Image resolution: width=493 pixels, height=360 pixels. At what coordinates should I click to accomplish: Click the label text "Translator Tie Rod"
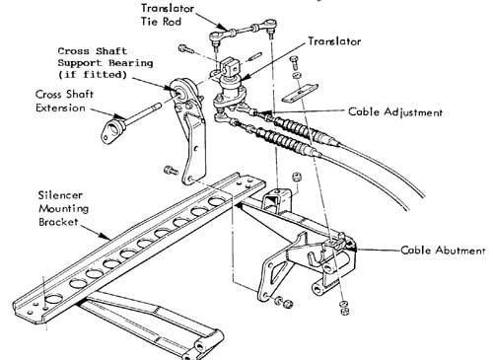tap(168, 15)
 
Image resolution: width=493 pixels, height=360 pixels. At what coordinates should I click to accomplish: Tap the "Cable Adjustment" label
tap(395, 112)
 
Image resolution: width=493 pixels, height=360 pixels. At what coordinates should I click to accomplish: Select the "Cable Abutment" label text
tap(443, 251)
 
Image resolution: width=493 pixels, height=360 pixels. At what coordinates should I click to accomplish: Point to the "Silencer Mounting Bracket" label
tap(63, 208)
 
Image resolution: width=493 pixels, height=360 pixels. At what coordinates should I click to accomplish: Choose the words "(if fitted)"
tap(93, 75)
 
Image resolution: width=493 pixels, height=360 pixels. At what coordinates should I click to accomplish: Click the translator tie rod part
tap(243, 30)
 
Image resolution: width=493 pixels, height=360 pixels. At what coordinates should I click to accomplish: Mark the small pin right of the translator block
tap(255, 56)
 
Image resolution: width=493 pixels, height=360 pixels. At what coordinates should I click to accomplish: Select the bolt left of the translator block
tap(186, 50)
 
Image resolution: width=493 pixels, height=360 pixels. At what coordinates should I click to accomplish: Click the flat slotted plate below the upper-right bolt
tap(300, 93)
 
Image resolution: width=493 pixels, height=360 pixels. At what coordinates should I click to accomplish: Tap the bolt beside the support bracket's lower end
tap(171, 171)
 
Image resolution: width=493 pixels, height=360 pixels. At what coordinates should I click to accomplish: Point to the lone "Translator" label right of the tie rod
tap(334, 41)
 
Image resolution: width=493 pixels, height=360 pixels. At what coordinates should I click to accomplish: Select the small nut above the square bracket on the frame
tap(297, 178)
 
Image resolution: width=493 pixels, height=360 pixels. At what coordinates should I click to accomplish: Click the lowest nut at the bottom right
tap(344, 311)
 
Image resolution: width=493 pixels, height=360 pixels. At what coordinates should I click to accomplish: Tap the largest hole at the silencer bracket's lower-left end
tap(53, 299)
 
